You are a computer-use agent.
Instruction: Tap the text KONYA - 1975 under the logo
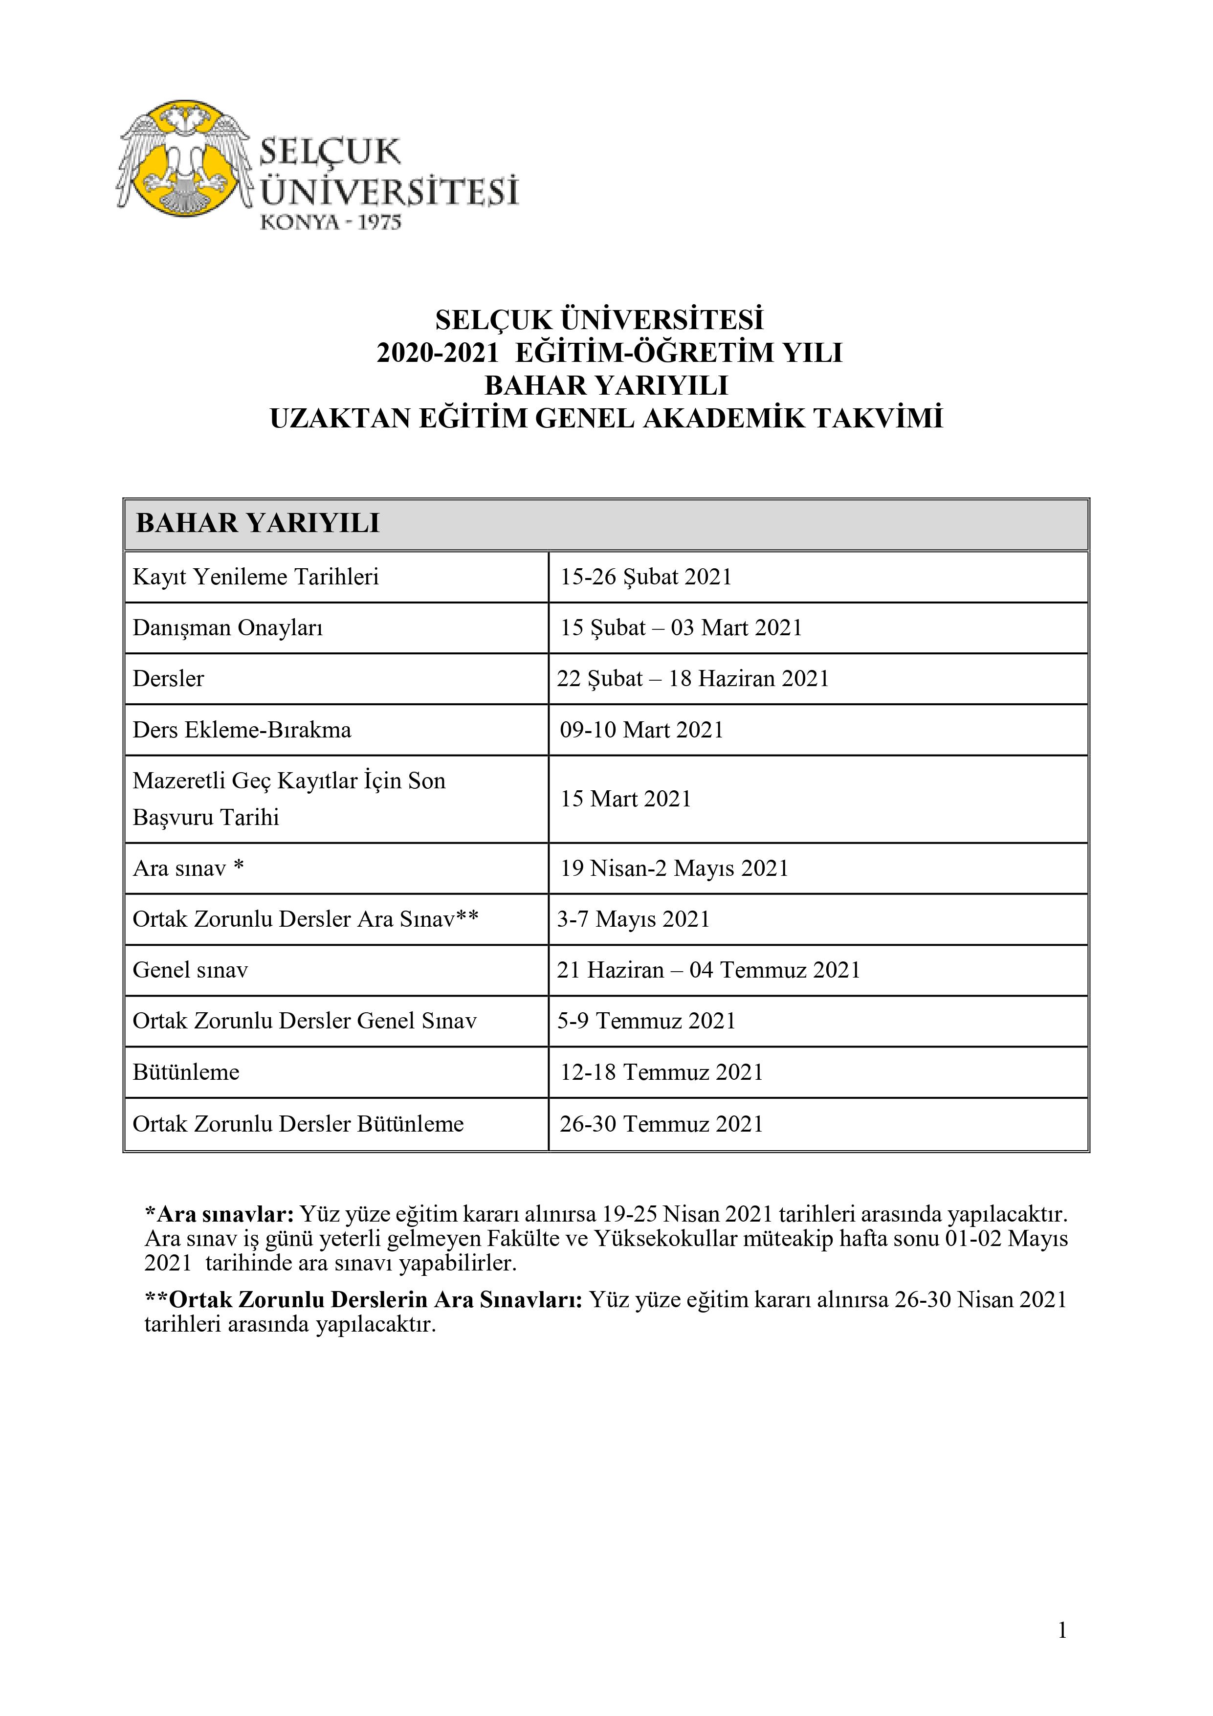click(x=331, y=222)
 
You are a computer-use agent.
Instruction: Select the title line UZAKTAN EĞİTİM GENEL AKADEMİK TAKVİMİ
click(x=606, y=418)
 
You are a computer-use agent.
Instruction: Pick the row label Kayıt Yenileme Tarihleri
click(x=256, y=577)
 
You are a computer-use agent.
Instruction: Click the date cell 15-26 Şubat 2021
click(x=646, y=577)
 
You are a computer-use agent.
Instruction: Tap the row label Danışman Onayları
click(x=228, y=628)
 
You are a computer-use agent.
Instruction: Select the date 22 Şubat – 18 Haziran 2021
click(x=693, y=679)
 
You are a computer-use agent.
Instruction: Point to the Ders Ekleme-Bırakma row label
click(x=242, y=730)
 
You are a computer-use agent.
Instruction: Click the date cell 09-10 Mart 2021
click(x=641, y=730)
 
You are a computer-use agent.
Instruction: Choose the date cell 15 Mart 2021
click(x=625, y=799)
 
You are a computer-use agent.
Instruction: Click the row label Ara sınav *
click(x=188, y=869)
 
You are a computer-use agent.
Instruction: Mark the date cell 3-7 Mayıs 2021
click(x=633, y=919)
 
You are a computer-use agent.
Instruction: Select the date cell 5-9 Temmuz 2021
click(x=646, y=1021)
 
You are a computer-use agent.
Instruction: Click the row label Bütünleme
click(x=186, y=1072)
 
